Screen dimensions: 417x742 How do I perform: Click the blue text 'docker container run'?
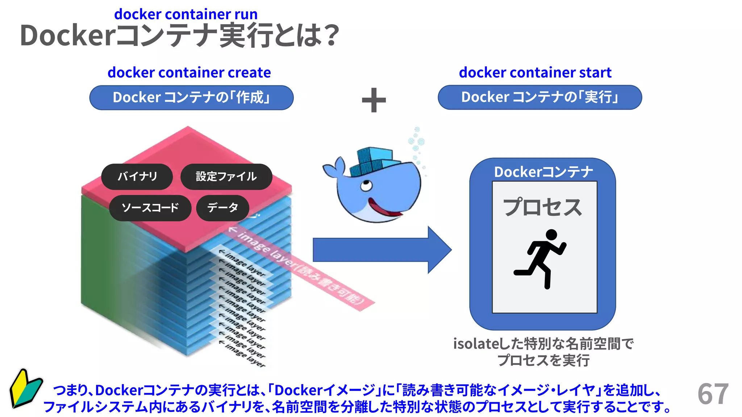[x=186, y=14]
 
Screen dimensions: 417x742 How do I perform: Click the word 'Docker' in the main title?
[x=68, y=35]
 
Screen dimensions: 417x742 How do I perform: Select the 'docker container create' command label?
[x=189, y=73]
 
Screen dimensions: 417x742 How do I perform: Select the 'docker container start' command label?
[x=535, y=73]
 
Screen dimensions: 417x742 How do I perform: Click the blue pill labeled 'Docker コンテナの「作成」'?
[x=191, y=98]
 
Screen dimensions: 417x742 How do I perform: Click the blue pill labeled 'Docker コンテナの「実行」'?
[x=540, y=97]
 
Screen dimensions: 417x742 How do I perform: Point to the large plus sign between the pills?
[x=374, y=100]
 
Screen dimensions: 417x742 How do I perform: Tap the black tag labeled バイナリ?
[x=137, y=177]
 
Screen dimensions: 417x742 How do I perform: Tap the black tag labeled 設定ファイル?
[x=226, y=177]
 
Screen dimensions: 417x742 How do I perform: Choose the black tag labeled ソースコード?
[x=150, y=208]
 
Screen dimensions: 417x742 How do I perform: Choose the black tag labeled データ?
[x=222, y=208]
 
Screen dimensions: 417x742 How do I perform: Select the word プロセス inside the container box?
[x=542, y=207]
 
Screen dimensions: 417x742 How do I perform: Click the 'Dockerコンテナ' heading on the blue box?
[x=543, y=172]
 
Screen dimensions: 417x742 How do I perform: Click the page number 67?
[x=713, y=394]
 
